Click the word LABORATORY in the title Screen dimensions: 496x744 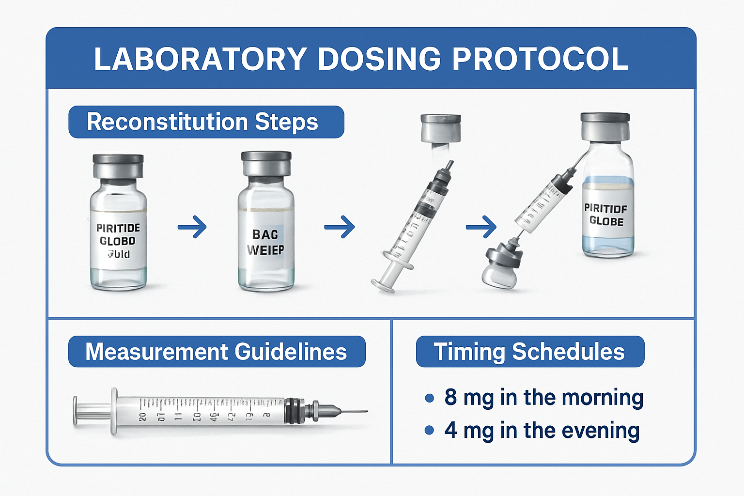pos(200,59)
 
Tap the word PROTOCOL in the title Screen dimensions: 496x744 pos(540,59)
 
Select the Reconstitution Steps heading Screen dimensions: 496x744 pos(202,122)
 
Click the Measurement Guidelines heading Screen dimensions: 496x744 pos(216,352)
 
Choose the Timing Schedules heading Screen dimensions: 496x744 pos(529,352)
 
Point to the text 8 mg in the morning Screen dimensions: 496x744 pos(543,397)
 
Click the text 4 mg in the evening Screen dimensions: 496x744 pos(542,430)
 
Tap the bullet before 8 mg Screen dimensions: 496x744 pos(429,398)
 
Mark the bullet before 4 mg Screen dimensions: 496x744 pos(429,430)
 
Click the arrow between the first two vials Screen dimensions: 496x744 pos(192,227)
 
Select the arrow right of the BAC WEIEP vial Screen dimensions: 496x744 pos(340,227)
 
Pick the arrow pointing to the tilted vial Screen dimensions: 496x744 pos(481,227)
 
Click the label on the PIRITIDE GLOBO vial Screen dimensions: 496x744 pos(118,241)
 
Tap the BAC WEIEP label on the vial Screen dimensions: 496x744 pos(265,242)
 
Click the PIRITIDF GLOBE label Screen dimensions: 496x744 pos(605,215)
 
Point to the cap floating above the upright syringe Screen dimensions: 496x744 pos(440,128)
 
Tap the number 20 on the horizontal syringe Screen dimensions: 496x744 pos(142,417)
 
